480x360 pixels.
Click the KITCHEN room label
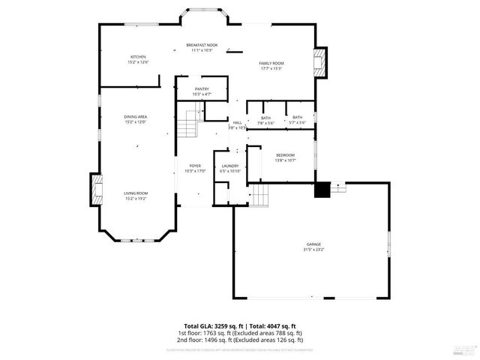pos(139,57)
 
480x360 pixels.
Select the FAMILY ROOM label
pos(271,64)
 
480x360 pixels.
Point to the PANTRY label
pos(201,89)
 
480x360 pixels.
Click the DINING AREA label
pos(135,117)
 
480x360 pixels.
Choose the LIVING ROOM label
pos(136,193)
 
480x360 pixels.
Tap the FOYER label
pos(195,165)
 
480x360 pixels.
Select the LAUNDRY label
pos(229,166)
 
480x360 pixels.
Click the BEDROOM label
pos(285,155)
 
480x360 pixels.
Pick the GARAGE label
pos(313,244)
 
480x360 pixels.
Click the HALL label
pos(237,122)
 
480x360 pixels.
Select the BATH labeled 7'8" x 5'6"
pos(266,118)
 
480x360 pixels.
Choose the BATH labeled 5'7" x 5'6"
pos(298,118)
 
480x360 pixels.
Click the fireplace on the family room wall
pos(320,63)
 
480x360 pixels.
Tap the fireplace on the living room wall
pos(96,191)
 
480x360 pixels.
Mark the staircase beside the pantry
pos(188,123)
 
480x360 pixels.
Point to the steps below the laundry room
pos(259,196)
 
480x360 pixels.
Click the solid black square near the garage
pos(322,190)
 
